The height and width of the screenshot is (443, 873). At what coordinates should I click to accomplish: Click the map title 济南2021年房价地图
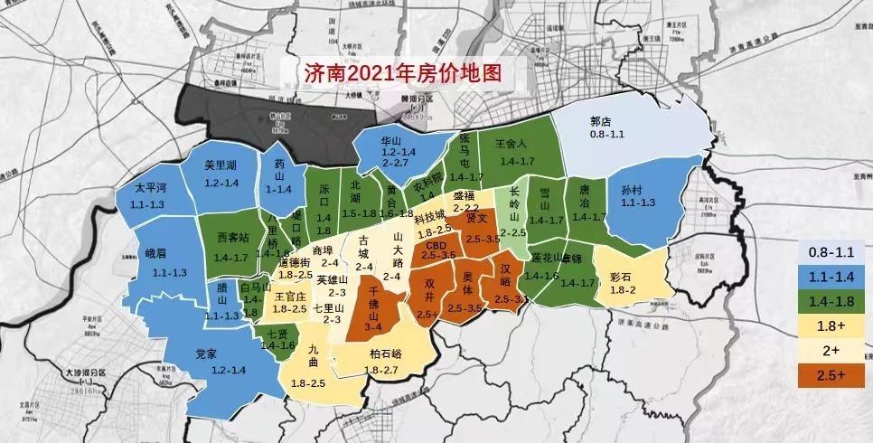[404, 71]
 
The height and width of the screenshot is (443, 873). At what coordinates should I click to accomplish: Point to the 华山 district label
[390, 142]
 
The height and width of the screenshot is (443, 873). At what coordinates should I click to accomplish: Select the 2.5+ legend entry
[831, 374]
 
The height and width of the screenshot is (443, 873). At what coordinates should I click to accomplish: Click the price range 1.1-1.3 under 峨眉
[169, 272]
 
